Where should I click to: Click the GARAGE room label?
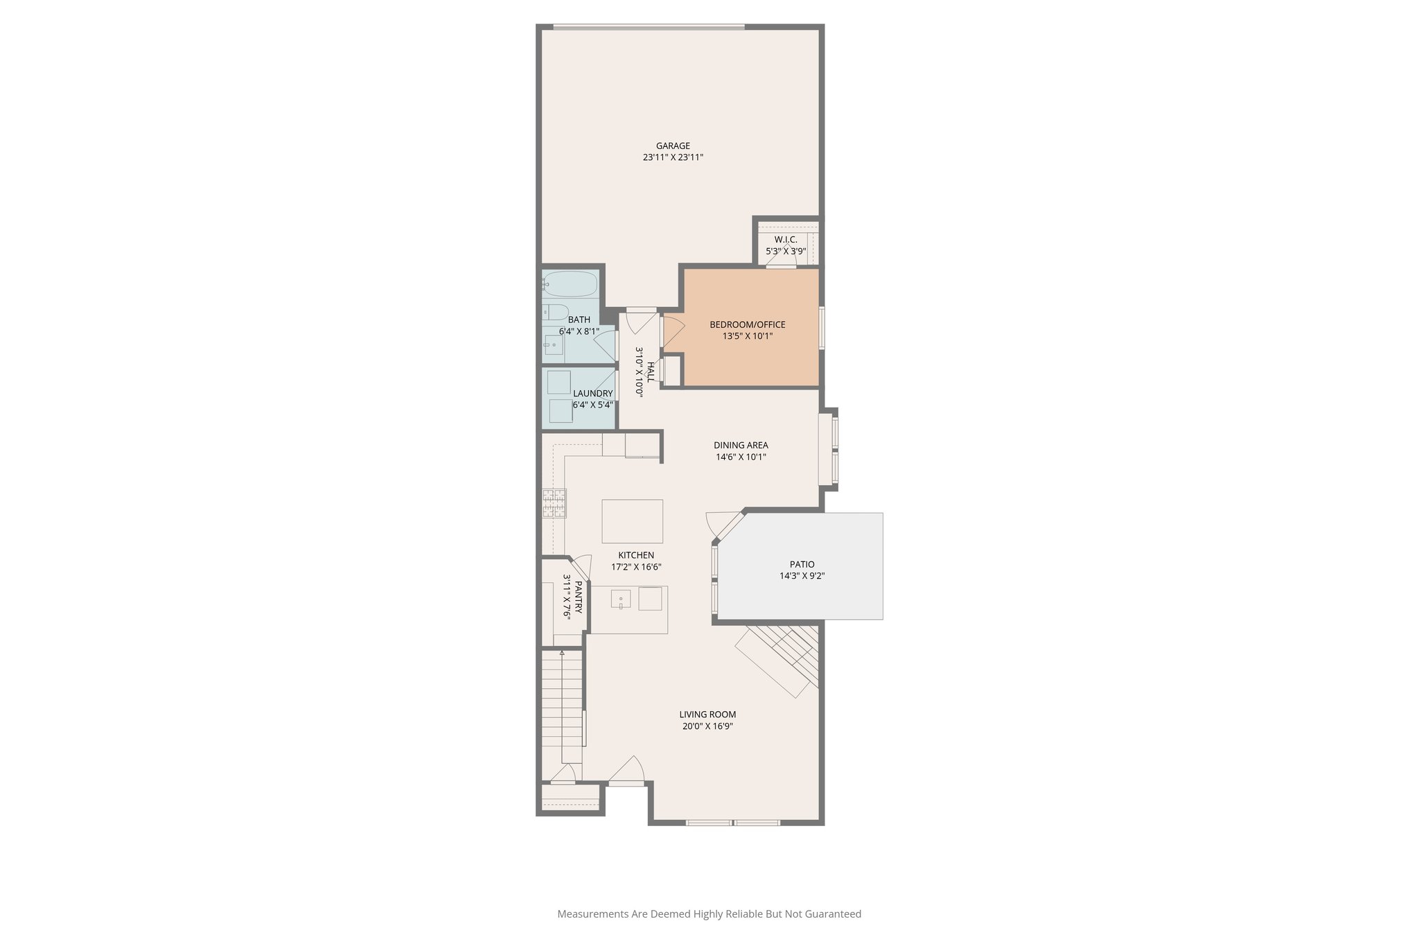click(673, 146)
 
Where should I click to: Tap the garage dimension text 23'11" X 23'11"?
click(673, 157)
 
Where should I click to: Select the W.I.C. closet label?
click(786, 239)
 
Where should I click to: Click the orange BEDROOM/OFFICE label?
click(747, 324)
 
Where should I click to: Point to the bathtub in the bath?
click(570, 283)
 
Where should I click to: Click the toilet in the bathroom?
click(556, 312)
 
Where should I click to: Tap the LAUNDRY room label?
click(592, 393)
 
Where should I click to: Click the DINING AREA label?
click(741, 445)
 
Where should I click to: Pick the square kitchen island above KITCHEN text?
click(632, 521)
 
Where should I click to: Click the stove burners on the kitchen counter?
click(554, 503)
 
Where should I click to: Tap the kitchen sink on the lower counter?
click(621, 599)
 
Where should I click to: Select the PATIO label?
click(802, 564)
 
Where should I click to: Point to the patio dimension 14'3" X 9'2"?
click(802, 576)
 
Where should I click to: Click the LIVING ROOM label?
click(707, 715)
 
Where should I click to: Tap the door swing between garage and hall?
click(641, 322)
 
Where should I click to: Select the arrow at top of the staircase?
click(562, 653)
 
